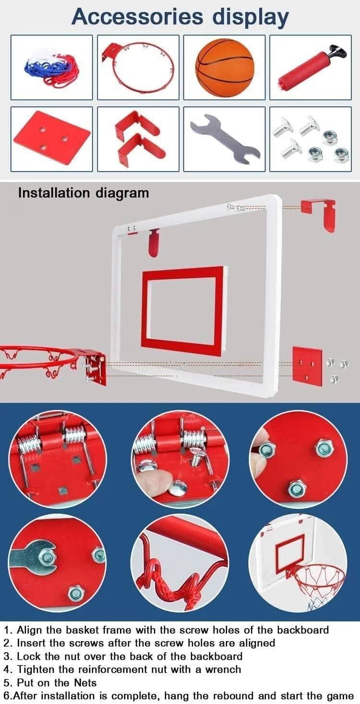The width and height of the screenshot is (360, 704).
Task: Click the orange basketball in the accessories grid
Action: click(224, 67)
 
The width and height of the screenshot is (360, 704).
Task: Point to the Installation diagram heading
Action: click(84, 193)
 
